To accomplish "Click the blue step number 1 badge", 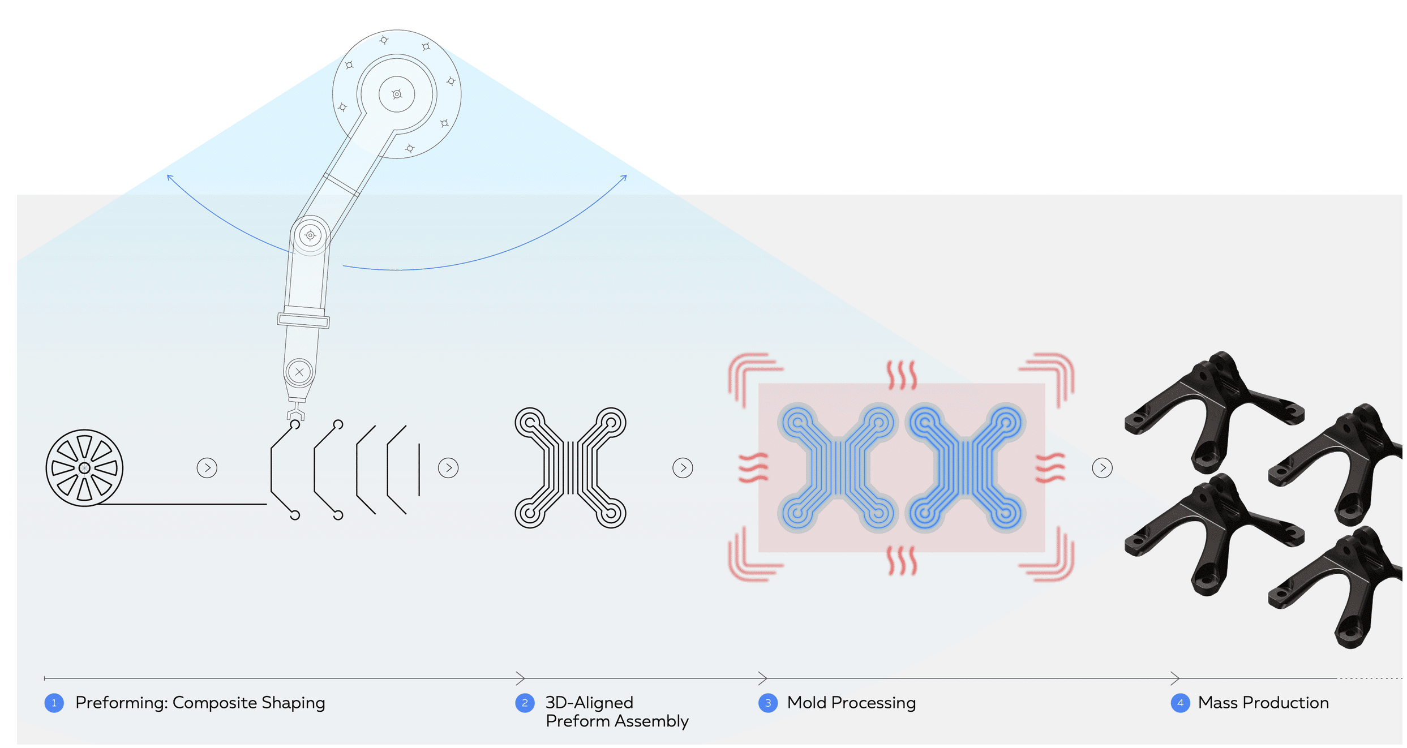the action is (54, 703).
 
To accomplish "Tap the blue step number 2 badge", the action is (525, 703).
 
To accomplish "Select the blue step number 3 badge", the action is (768, 703).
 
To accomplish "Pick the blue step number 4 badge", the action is (1180, 703).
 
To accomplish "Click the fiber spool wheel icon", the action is (84, 468).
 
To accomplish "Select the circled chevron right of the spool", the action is (207, 468).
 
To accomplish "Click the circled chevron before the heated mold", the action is (683, 468).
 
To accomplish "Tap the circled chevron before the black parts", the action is (1102, 468).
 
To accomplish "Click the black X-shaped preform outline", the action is (570, 468).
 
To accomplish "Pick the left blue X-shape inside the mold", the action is (838, 468).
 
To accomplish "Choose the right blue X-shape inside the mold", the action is (966, 468).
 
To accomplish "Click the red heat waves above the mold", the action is (902, 375).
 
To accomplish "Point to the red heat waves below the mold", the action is (902, 561).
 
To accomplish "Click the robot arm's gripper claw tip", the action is (295, 417).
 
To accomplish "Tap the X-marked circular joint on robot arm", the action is (299, 372).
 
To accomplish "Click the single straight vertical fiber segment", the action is (419, 470).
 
